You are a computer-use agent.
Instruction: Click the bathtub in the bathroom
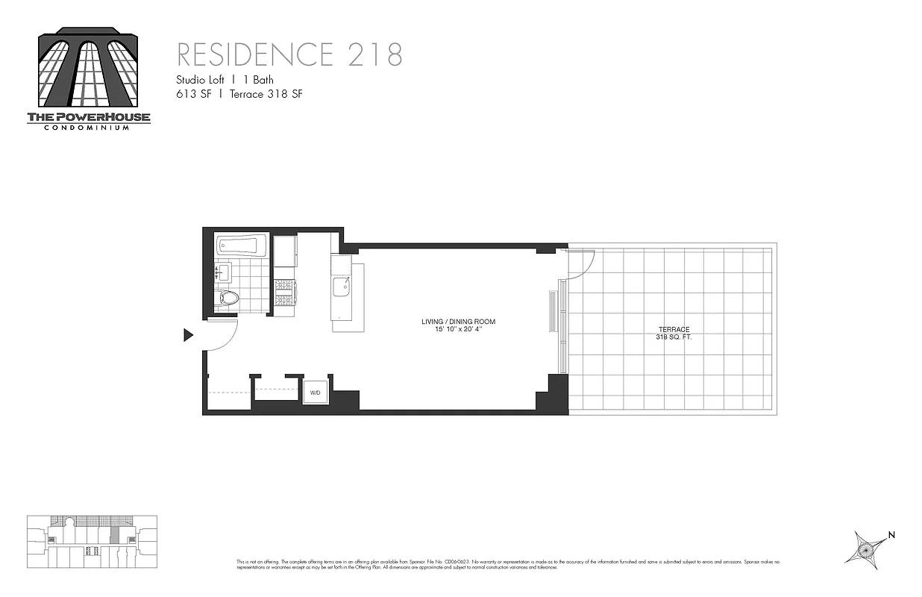coord(236,245)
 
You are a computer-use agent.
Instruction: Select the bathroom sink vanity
coord(224,272)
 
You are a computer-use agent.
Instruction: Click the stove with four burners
coord(286,292)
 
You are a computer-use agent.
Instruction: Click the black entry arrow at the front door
coord(188,336)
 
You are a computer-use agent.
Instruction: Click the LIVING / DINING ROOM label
coord(458,322)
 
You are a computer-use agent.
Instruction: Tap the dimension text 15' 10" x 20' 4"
coord(458,330)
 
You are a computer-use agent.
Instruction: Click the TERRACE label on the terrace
coord(673,329)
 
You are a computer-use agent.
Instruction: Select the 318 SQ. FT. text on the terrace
coord(673,337)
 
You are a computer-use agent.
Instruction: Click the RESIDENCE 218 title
coord(289,55)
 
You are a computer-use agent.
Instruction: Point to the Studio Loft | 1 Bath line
coord(225,80)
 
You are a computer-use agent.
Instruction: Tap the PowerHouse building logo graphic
coord(89,67)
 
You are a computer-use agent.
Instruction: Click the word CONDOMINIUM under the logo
coord(89,128)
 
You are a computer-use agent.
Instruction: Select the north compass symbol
coord(868,548)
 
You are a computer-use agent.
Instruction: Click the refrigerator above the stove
coord(285,251)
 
